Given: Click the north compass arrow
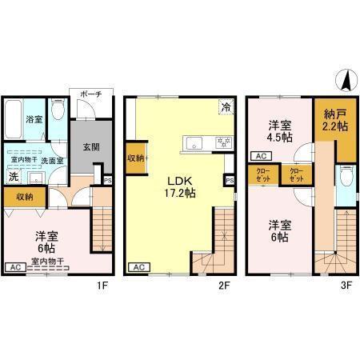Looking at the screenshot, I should (346, 81).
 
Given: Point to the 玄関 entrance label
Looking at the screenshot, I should (88, 146).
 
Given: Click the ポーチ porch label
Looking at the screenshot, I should (89, 95).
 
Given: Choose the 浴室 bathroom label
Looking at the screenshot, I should (34, 120).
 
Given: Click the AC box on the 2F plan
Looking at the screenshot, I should (137, 266).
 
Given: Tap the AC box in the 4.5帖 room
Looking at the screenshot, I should (260, 157).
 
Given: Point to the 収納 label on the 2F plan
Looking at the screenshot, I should (134, 158).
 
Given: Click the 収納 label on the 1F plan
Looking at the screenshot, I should (24, 197).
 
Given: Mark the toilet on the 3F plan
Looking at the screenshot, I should (343, 176).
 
